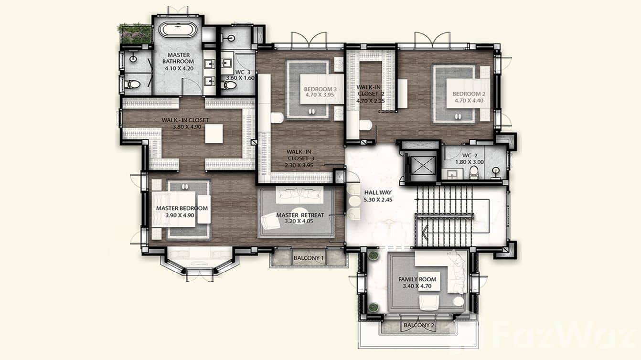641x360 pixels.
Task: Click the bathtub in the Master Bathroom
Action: [x=178, y=30]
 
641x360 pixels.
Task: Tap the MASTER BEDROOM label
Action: [x=182, y=209]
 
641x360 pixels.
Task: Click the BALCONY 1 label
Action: [x=309, y=258]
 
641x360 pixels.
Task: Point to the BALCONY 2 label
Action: [x=418, y=326]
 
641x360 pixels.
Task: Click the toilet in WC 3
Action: [x=229, y=85]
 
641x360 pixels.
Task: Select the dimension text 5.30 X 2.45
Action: [x=378, y=200]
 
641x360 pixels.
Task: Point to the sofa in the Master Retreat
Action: [x=299, y=194]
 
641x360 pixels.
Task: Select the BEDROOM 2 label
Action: [x=469, y=94]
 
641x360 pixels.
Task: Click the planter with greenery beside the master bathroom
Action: [x=136, y=33]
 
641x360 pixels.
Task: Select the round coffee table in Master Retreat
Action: [x=299, y=213]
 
